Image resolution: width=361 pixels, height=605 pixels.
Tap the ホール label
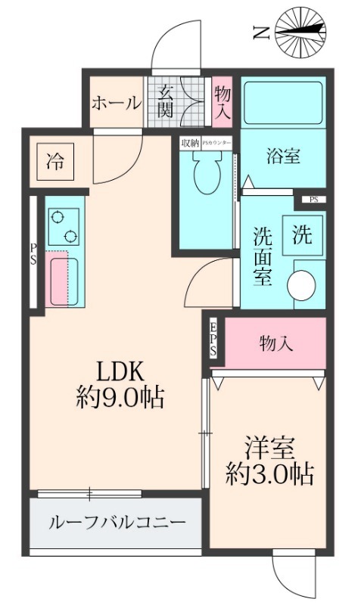click(116, 104)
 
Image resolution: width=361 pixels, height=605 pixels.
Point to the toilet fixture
click(204, 172)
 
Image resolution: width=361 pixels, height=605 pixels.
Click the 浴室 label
click(284, 157)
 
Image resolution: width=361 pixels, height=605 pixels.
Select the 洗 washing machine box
click(302, 235)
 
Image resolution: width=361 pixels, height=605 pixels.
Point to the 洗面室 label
click(262, 256)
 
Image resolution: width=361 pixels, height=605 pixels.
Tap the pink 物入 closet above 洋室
click(275, 343)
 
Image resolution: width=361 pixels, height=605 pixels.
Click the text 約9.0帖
click(121, 397)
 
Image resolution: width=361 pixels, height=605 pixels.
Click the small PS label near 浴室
click(313, 199)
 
